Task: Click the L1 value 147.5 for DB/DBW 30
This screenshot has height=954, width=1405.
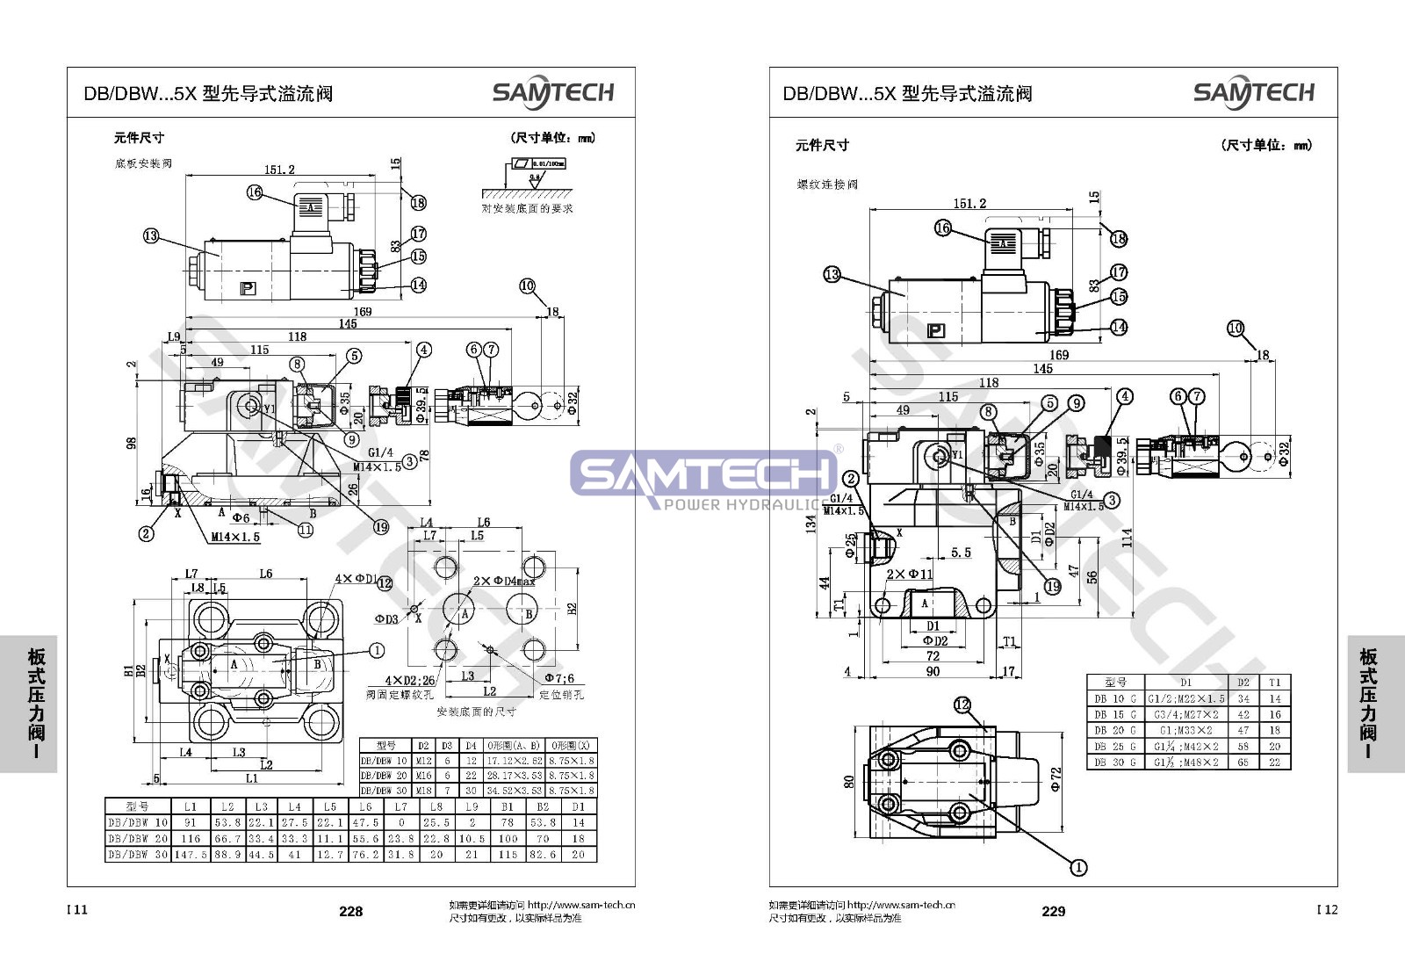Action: [191, 854]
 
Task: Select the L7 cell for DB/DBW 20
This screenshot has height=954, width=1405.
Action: [400, 838]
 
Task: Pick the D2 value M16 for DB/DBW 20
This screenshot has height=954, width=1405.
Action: [423, 776]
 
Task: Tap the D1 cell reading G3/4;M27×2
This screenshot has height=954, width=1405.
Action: [1185, 714]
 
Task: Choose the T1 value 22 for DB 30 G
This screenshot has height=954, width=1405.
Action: [1274, 762]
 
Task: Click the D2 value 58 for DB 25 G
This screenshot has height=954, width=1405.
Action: [1243, 747]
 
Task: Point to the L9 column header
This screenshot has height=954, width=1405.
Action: [472, 806]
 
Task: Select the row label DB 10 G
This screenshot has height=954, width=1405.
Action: [1114, 698]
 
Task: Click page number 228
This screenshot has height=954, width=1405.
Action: [350, 912]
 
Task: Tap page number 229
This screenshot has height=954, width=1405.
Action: [1053, 912]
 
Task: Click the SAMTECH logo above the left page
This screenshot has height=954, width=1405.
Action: [552, 92]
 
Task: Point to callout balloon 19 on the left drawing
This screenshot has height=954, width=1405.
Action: [381, 527]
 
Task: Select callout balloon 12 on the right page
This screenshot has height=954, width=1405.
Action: [962, 705]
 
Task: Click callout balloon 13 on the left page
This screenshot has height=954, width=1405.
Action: [151, 235]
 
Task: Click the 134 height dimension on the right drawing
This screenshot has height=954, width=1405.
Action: [811, 524]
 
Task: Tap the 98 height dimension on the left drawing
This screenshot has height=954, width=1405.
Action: [132, 442]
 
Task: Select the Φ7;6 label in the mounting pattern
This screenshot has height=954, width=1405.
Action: [558, 678]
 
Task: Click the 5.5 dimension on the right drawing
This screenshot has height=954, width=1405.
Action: [961, 553]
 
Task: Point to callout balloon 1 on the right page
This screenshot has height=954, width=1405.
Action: [1078, 868]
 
